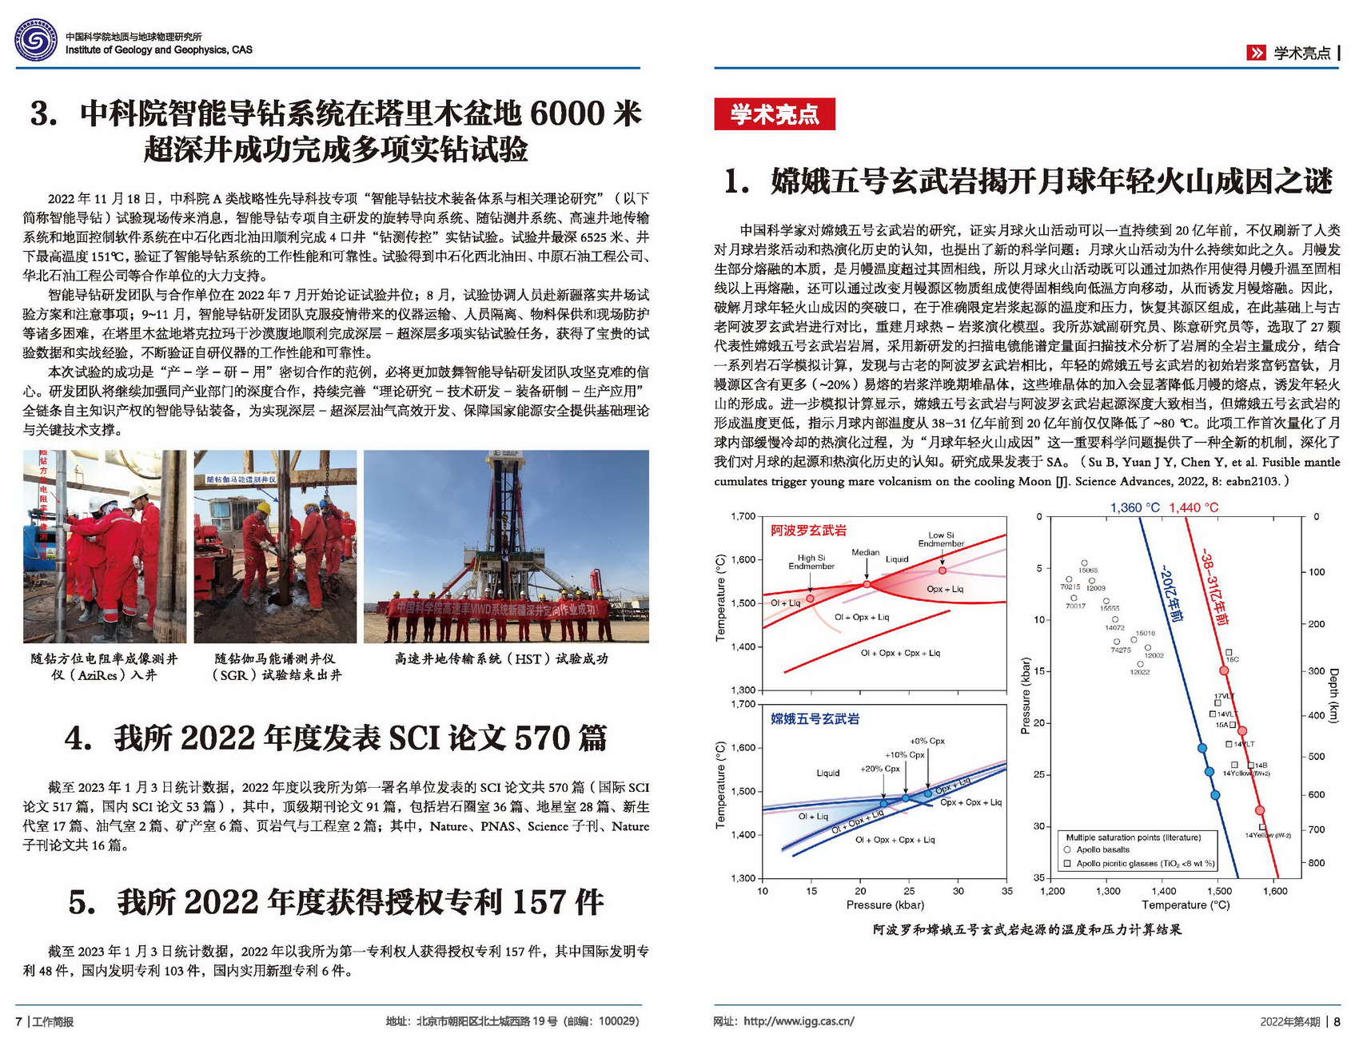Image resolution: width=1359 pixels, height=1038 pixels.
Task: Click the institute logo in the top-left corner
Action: (36, 40)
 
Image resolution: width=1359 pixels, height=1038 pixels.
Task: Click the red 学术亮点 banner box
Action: (774, 114)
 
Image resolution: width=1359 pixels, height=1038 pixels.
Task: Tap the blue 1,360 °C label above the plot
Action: (1134, 507)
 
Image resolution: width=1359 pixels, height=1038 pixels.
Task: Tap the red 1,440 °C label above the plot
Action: (1194, 507)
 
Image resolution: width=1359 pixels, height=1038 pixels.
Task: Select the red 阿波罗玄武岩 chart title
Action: (808, 531)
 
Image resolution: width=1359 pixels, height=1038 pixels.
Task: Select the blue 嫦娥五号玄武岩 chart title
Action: (815, 719)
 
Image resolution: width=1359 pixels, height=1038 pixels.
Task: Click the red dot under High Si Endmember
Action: (810, 598)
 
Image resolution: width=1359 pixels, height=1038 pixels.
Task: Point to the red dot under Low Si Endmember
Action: (943, 571)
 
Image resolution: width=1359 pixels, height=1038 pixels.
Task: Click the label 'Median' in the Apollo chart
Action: (865, 552)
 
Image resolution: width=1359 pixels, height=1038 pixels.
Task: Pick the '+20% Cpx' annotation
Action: (879, 769)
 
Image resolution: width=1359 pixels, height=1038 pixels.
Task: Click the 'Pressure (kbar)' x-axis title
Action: (885, 905)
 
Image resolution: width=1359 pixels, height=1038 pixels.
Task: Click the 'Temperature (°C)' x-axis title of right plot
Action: (1186, 905)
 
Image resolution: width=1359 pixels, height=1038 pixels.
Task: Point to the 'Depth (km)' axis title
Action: (1333, 695)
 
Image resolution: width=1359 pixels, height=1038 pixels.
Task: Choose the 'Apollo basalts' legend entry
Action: (1102, 849)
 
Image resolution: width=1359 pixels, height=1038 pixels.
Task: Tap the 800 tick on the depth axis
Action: (1316, 863)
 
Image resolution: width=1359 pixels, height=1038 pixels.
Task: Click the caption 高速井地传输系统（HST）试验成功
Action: (501, 658)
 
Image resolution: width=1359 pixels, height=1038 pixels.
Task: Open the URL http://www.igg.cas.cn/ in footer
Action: (799, 1021)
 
